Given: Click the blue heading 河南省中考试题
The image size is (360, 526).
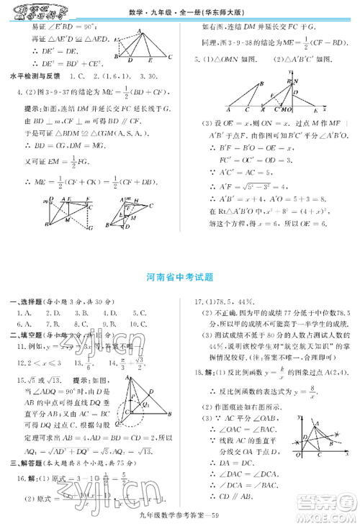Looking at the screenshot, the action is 180,276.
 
